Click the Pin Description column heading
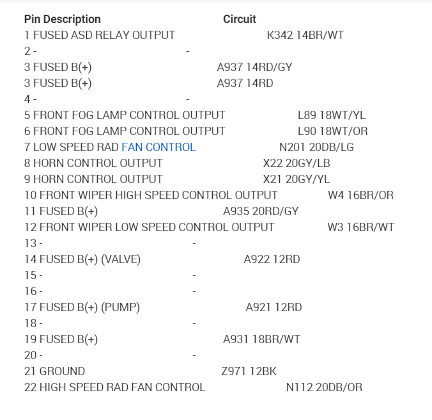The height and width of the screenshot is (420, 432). coord(62,19)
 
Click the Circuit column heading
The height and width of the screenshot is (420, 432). coord(240,19)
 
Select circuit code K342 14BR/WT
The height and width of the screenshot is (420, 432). coord(305,35)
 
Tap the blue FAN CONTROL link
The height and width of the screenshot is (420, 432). coord(158,147)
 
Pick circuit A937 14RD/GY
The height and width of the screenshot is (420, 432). coord(254,67)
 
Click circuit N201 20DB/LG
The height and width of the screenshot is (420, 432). coord(316,147)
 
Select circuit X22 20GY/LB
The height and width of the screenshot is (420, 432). coord(297,163)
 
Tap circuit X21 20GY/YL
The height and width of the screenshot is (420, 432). coord(297,179)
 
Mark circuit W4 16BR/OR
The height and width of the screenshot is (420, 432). coord(360,195)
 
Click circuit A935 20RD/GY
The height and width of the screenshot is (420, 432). coord(261,211)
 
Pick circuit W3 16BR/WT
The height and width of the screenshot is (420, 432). coord(360,227)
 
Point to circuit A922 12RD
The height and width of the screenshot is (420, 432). coord(272,259)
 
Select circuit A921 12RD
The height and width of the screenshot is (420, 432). coord(274,307)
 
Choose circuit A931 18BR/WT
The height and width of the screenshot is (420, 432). coord(261,339)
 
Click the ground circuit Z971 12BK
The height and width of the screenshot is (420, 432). coord(249,371)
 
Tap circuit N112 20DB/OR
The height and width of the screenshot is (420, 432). coord(324,387)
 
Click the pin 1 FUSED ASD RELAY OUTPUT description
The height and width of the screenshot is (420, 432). coord(99,35)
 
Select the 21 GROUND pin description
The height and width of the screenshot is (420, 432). coord(54,371)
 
